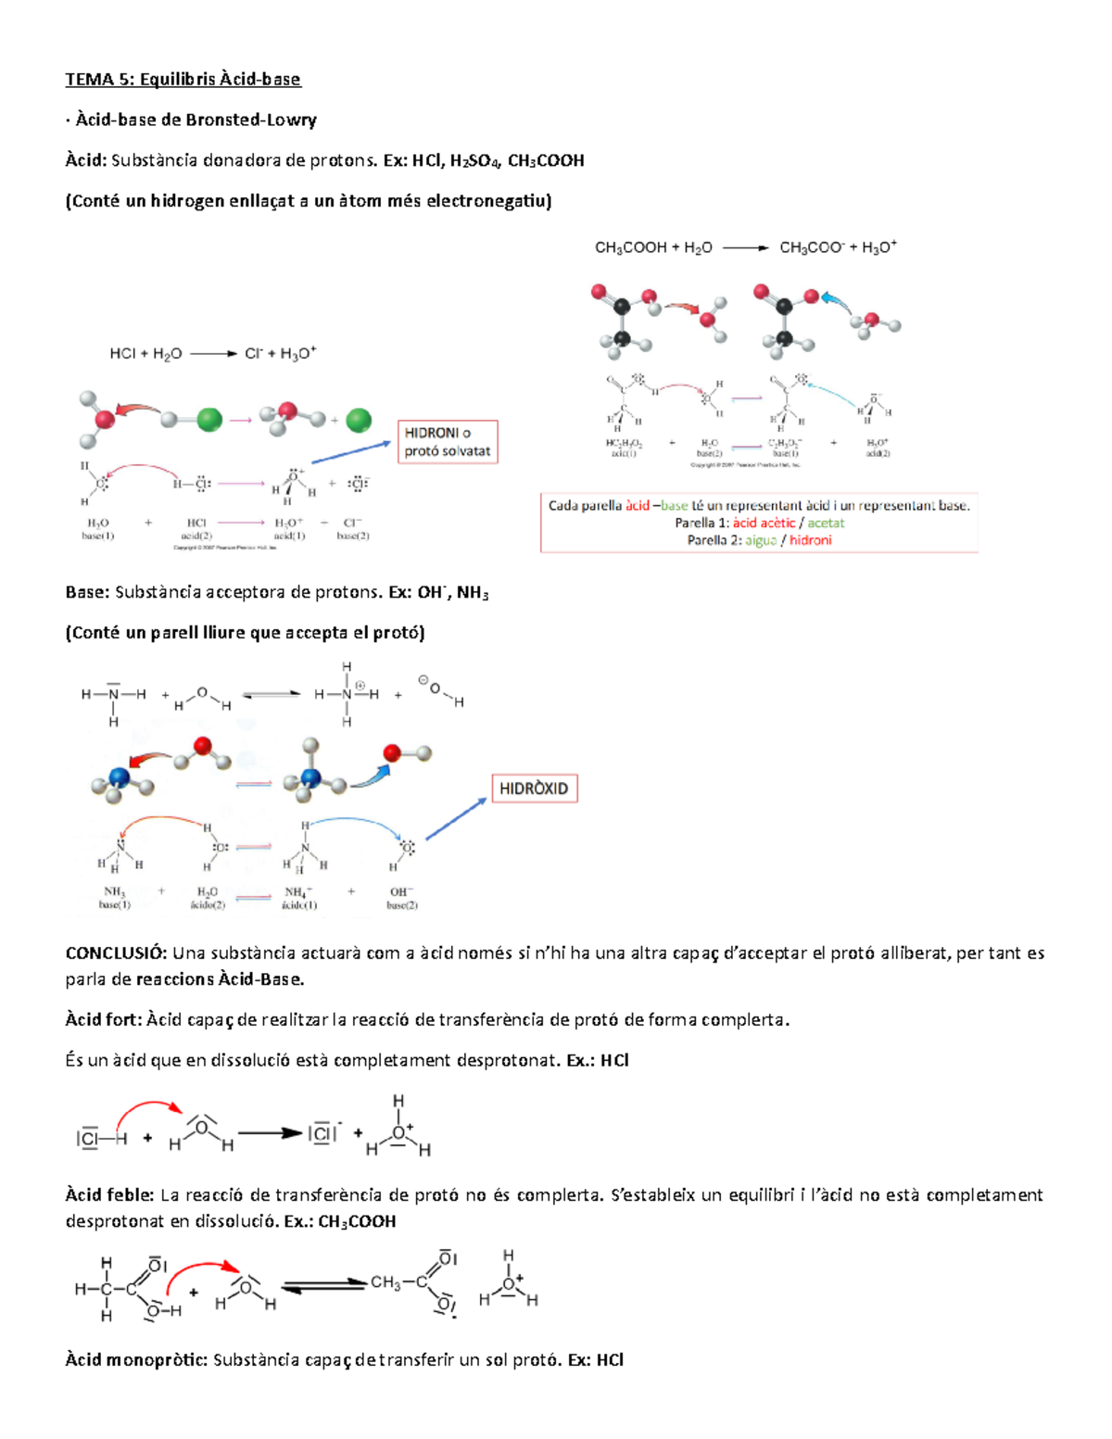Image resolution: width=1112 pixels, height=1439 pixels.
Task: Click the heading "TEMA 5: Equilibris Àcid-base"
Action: (183, 79)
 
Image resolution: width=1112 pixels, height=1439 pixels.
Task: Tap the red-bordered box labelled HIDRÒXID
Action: (534, 789)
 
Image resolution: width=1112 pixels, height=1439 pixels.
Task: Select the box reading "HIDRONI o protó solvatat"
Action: (448, 442)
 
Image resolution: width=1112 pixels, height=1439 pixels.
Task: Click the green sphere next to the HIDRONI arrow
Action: (359, 421)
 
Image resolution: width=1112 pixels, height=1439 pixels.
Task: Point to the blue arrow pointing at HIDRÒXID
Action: (456, 819)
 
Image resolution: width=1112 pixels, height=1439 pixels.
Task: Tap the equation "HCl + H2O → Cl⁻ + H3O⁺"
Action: (213, 353)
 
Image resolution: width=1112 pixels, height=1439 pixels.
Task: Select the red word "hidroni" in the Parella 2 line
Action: (811, 540)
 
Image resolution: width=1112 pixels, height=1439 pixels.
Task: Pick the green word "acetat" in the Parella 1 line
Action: (826, 523)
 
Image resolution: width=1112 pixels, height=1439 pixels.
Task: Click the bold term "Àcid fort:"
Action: (103, 1020)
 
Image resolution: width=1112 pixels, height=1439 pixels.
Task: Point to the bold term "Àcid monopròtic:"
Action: (135, 1360)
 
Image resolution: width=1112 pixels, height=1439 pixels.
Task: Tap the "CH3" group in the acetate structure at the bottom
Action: (385, 1282)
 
